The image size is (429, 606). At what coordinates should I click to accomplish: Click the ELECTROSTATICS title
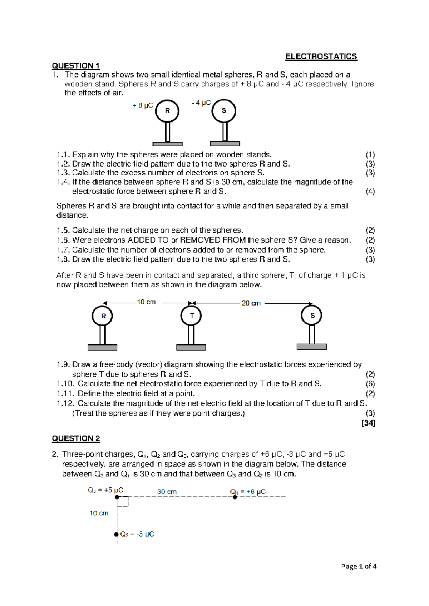tap(321, 56)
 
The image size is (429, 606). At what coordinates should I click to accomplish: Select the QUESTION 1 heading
tap(76, 66)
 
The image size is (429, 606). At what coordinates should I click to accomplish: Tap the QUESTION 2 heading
tap(76, 438)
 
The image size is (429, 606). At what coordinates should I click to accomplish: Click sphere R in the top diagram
tap(167, 111)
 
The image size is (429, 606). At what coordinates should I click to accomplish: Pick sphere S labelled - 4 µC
tap(224, 111)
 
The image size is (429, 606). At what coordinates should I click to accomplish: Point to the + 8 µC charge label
tap(142, 105)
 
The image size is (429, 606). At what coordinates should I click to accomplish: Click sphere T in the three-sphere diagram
tap(192, 316)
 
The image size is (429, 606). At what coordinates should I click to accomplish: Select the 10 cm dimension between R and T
tap(146, 302)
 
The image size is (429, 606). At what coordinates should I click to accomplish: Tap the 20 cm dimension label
tap(251, 303)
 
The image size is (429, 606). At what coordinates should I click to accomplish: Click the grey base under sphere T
tap(191, 347)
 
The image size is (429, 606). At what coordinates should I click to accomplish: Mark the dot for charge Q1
tap(235, 497)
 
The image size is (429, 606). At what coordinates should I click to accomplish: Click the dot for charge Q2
tap(116, 535)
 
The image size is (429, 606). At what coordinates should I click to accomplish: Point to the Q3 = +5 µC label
tap(105, 490)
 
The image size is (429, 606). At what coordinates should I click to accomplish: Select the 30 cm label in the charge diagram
tap(167, 492)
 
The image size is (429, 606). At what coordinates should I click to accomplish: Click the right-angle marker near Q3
tap(123, 502)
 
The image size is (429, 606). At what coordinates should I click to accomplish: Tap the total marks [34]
tap(368, 423)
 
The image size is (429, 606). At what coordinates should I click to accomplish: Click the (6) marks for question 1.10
tap(370, 384)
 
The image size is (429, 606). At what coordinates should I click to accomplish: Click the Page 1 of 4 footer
tap(359, 566)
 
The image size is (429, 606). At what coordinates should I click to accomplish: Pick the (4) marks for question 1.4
tap(370, 192)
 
